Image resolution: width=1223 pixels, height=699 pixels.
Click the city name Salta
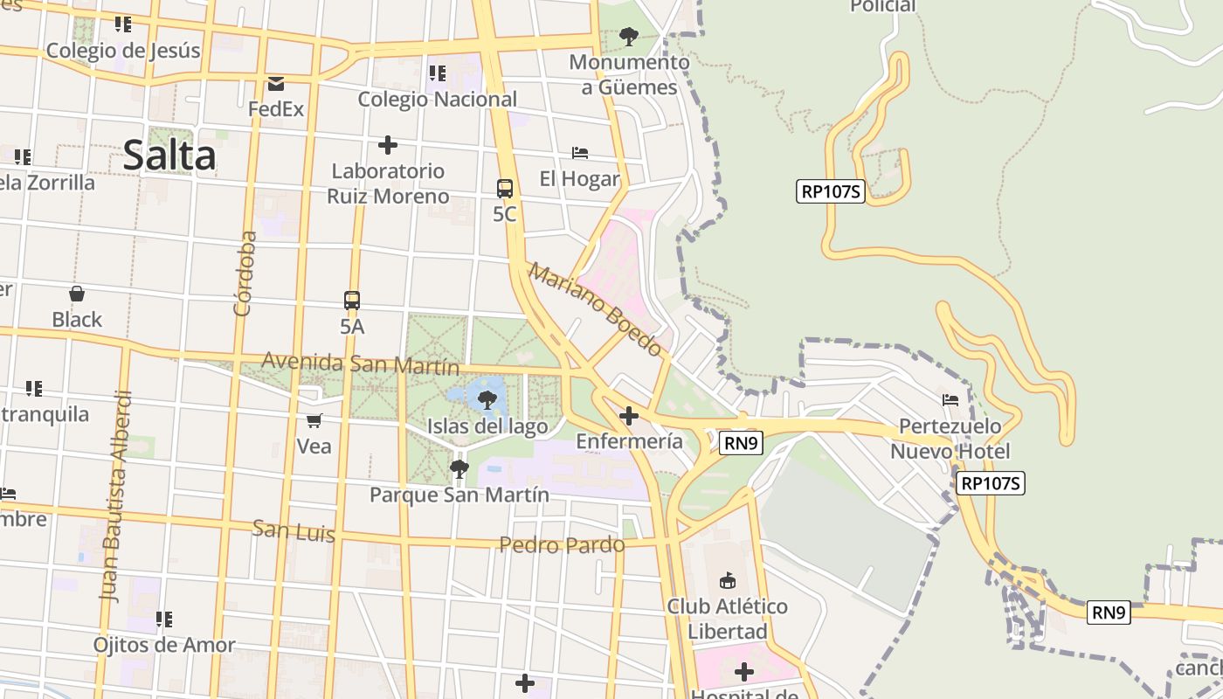(169, 156)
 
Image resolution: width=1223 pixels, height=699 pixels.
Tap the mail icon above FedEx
(276, 84)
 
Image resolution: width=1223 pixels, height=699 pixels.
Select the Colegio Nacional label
(437, 99)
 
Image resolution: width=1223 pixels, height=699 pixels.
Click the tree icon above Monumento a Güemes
(628, 37)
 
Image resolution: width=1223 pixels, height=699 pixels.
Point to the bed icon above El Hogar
(580, 153)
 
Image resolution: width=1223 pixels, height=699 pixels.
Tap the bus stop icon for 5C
(505, 188)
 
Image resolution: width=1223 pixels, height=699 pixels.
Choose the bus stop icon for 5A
(352, 301)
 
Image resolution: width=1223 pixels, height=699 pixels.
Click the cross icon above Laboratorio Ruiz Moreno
(388, 144)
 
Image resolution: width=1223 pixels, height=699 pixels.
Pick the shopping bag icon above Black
(77, 294)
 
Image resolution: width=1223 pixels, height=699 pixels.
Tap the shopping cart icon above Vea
(314, 420)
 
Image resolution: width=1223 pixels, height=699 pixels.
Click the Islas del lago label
(487, 426)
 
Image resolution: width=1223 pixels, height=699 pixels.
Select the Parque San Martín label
(459, 495)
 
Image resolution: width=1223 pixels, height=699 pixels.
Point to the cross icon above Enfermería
(628, 415)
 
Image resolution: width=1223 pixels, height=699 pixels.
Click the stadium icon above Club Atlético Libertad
(727, 580)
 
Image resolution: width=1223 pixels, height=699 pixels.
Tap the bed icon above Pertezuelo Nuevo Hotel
(950, 400)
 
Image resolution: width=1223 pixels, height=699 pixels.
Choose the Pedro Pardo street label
(562, 545)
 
